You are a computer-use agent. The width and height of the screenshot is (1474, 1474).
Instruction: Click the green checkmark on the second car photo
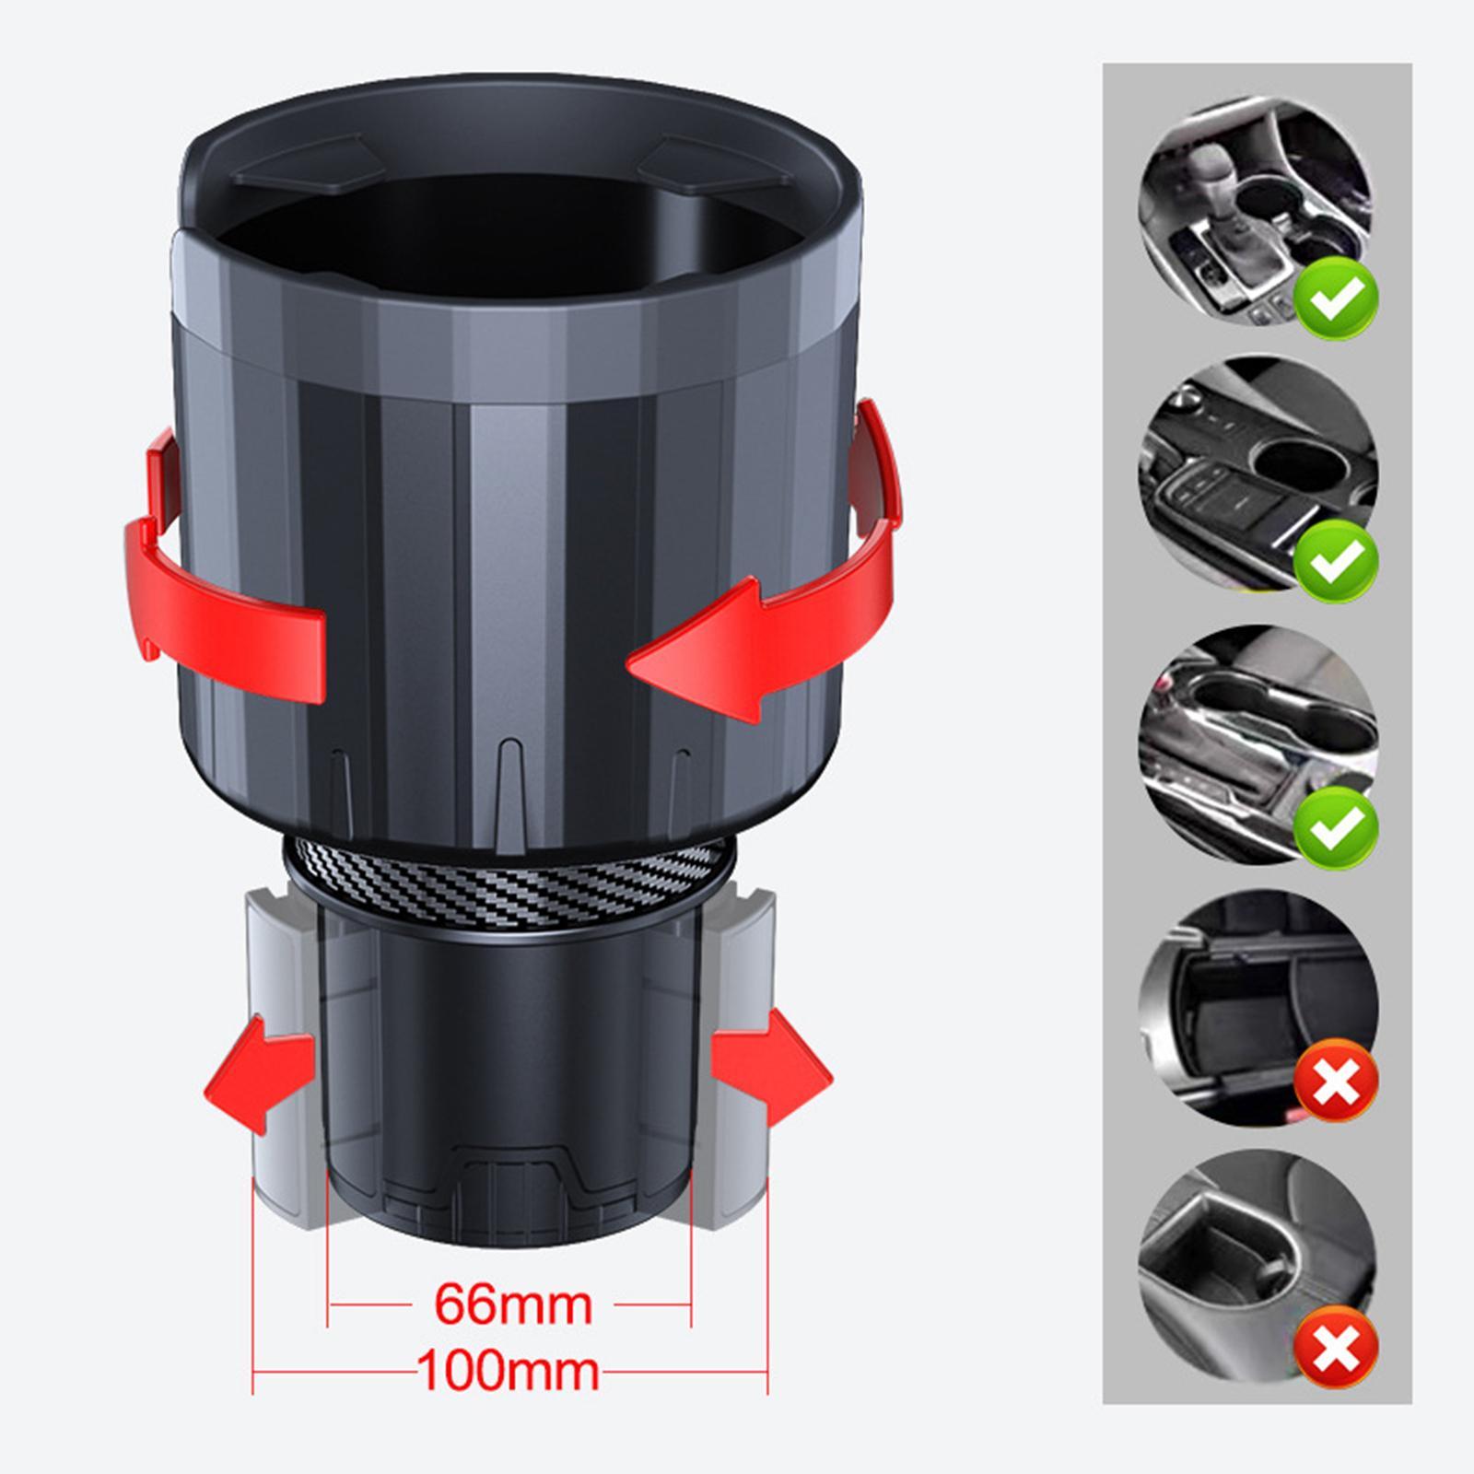pyautogui.click(x=1336, y=560)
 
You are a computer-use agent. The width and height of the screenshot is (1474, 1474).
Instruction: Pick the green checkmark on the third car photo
pyautogui.click(x=1336, y=825)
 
